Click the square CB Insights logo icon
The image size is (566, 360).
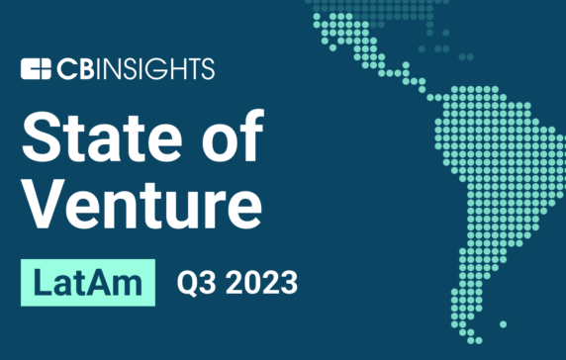point(35,69)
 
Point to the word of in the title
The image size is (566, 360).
point(229,136)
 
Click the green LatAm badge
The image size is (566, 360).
point(88,282)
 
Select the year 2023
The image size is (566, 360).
point(260,283)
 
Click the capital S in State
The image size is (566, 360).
point(40,136)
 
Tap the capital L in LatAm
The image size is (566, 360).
point(42,282)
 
